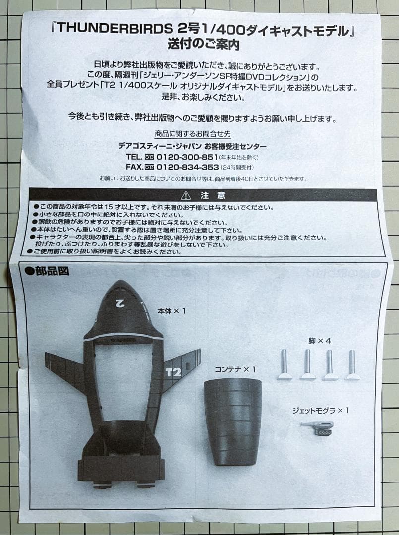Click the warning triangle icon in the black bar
tap(186, 195)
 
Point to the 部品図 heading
tap(47, 271)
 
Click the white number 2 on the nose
tap(119, 302)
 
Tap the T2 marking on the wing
tap(172, 371)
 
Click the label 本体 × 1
tap(171, 311)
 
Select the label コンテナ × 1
tap(235, 369)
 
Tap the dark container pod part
tap(232, 421)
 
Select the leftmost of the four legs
tap(285, 365)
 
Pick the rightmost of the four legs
tap(352, 365)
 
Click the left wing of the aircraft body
tap(65, 369)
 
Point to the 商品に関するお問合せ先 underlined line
tap(193, 134)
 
